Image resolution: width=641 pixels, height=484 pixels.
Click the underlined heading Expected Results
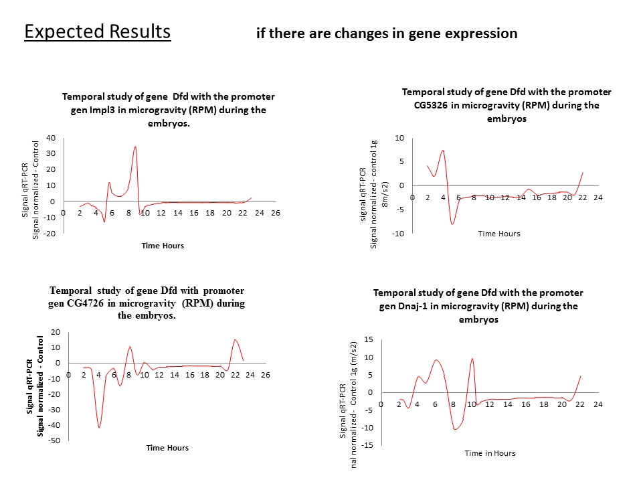click(x=97, y=31)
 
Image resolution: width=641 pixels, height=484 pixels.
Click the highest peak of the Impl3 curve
click(x=135, y=147)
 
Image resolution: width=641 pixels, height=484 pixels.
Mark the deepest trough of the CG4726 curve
click(x=99, y=427)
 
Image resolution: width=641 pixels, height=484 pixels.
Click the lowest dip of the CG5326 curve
click(x=453, y=224)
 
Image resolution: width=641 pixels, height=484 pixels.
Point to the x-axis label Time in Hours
click(x=490, y=453)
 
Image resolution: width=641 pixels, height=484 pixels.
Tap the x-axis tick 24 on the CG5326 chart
click(x=598, y=197)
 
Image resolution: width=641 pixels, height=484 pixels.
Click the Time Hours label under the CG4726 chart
click(x=167, y=448)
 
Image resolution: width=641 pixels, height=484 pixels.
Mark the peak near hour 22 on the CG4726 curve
click(x=235, y=340)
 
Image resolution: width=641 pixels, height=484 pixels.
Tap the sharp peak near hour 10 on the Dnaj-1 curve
click(x=472, y=358)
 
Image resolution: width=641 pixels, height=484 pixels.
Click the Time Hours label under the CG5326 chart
click(x=498, y=234)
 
